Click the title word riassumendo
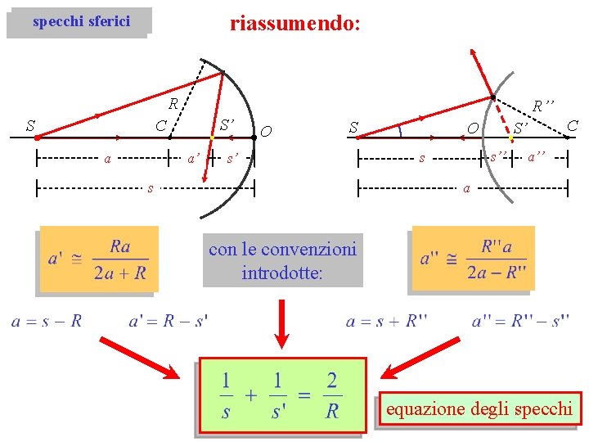294,23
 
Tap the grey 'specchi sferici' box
80,22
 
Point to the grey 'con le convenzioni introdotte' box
282,260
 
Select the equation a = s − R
47,322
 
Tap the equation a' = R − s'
169,322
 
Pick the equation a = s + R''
387,322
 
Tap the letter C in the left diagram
162,126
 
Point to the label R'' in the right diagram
543,106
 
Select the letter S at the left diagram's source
30,126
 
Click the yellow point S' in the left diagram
212,138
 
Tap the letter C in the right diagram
573,125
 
